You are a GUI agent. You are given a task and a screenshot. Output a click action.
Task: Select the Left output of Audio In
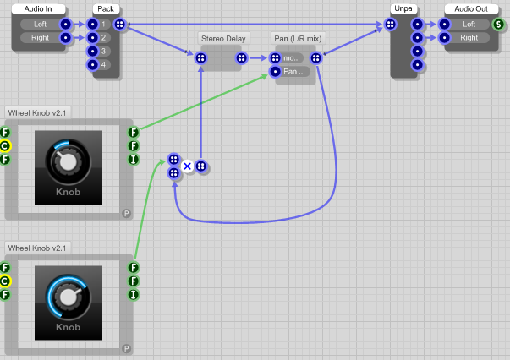(x=40, y=25)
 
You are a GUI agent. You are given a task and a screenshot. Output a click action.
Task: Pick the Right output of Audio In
(x=40, y=38)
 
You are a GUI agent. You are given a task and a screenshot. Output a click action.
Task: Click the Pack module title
(x=105, y=8)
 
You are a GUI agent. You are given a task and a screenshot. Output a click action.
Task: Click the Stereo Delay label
(x=223, y=39)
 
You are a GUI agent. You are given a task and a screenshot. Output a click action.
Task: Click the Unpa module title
(x=403, y=8)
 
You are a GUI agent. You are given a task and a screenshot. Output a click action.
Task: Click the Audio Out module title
(x=471, y=8)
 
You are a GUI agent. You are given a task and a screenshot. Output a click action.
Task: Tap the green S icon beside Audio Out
(x=498, y=25)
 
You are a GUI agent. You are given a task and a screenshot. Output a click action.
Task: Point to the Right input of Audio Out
(x=469, y=38)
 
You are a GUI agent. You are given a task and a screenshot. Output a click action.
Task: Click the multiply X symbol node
(x=187, y=166)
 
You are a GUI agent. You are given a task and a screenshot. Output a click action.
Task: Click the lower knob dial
(x=69, y=296)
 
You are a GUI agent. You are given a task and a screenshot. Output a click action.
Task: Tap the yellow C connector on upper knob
(x=5, y=146)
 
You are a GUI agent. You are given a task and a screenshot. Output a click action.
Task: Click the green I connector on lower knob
(x=134, y=295)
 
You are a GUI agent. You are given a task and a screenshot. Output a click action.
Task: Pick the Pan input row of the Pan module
(x=293, y=72)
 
